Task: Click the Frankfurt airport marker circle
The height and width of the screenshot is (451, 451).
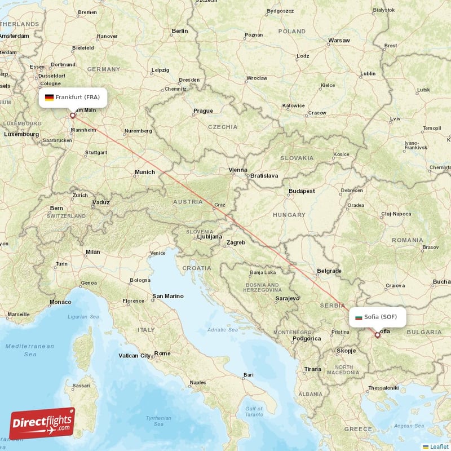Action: (x=72, y=116)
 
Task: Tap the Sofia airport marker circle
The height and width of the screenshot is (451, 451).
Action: (x=378, y=335)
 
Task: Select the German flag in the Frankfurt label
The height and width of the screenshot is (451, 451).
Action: (x=49, y=98)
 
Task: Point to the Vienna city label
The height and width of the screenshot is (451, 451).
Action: (x=237, y=170)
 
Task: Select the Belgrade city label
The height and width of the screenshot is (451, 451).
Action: (x=329, y=271)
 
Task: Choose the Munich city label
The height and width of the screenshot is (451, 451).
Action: (x=144, y=172)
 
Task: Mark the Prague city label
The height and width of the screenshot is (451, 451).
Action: (x=203, y=111)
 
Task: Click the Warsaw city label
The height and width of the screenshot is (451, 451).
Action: (x=339, y=41)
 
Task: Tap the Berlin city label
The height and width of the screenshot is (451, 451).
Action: (x=180, y=31)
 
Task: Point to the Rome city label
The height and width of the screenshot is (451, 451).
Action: (x=162, y=353)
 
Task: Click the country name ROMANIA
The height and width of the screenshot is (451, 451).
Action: (x=408, y=240)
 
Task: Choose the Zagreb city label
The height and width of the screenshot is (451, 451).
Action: (x=236, y=242)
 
